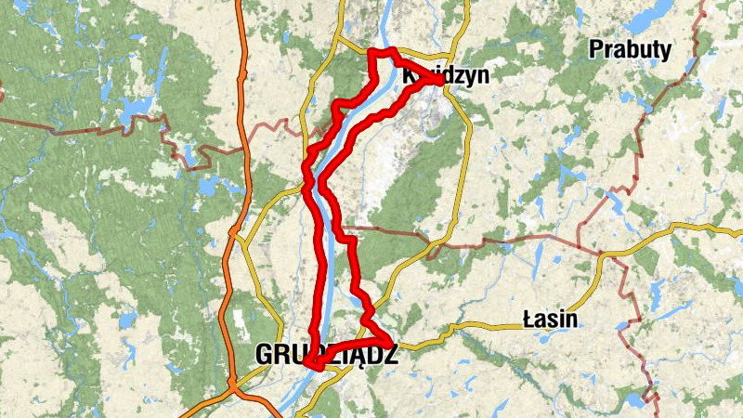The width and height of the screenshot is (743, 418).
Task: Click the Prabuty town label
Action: (x=631, y=49)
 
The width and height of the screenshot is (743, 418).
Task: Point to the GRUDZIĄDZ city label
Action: (x=325, y=354)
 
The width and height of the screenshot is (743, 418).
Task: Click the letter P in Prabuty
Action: (x=596, y=49)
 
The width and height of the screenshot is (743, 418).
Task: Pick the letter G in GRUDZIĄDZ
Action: (x=263, y=354)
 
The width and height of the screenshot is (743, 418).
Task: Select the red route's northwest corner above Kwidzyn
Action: (x=372, y=51)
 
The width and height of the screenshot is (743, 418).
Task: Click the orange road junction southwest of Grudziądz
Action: (x=230, y=382)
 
